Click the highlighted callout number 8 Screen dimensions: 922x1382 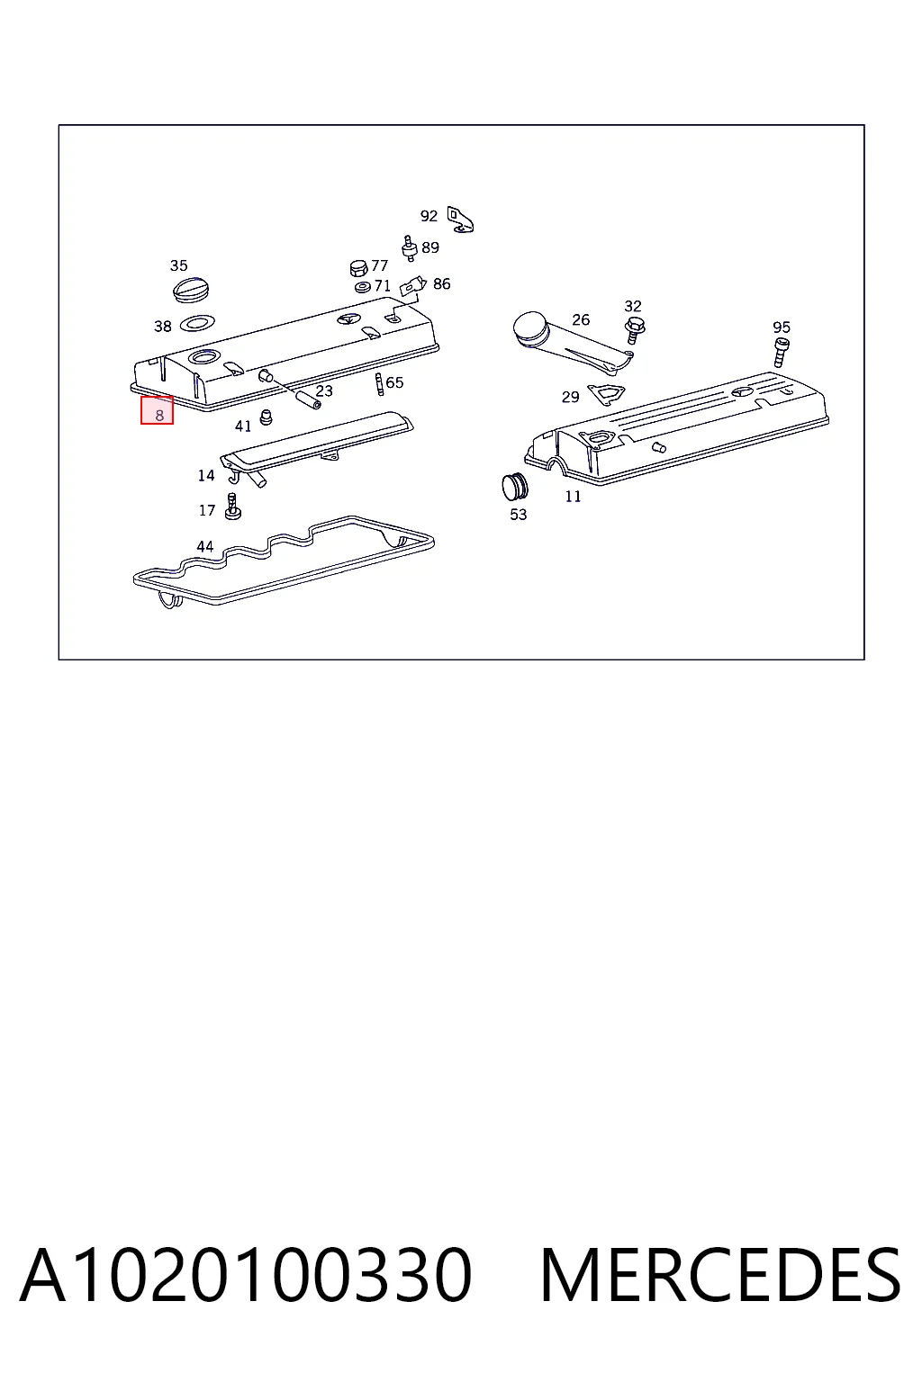[159, 415]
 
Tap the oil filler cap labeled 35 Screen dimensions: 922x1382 [191, 290]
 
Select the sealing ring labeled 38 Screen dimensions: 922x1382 [197, 323]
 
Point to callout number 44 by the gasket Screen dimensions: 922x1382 [205, 546]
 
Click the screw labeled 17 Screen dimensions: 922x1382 [233, 507]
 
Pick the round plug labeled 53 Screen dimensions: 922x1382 [515, 487]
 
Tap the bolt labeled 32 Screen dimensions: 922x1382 [635, 330]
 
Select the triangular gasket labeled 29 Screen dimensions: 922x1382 [606, 393]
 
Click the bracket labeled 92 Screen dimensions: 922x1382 [461, 220]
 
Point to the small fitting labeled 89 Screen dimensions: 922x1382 [408, 248]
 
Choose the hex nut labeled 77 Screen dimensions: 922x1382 [358, 268]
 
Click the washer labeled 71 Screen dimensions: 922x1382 [363, 287]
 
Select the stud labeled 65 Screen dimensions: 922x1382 [379, 384]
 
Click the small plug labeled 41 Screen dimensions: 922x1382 [267, 417]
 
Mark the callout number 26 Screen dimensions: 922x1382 [581, 319]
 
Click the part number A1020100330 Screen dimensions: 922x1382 [246, 1275]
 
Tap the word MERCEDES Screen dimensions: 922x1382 [720, 1275]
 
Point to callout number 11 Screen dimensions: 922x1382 [573, 496]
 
